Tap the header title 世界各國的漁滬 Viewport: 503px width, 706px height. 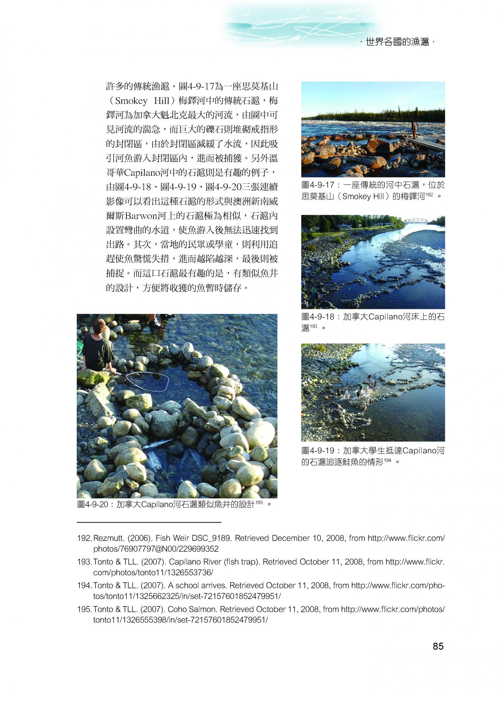coord(397,42)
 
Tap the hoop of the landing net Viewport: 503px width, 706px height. coord(148,382)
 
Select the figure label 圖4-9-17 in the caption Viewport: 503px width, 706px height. coord(318,185)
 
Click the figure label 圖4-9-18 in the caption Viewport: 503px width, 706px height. coord(318,317)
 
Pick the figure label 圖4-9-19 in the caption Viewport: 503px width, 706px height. coord(318,450)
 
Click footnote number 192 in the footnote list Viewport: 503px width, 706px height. coord(84,538)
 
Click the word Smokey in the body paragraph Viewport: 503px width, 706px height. coord(131,101)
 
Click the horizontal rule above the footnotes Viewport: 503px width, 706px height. coord(149,522)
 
